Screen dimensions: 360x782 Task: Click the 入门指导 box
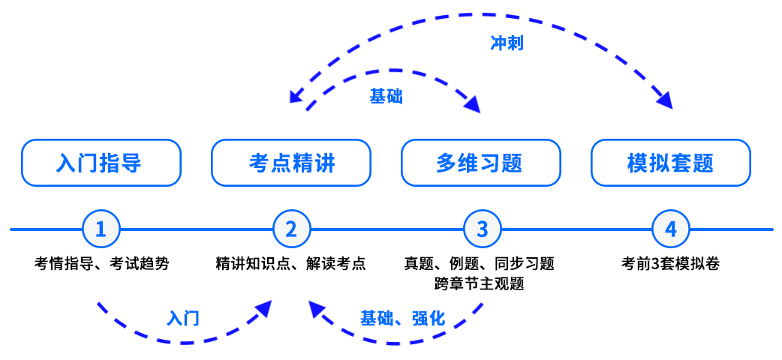[101, 163]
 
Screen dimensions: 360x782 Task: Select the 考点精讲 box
[291, 163]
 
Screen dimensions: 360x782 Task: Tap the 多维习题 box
[480, 163]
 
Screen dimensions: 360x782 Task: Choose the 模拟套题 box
[670, 163]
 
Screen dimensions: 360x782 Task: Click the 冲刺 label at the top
[507, 43]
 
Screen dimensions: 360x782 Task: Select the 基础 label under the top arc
[386, 96]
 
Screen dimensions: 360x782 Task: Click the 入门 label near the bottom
[182, 318]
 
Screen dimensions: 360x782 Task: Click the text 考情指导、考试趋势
[101, 264]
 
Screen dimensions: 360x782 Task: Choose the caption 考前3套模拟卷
[670, 264]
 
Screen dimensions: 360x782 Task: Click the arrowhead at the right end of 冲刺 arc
[664, 100]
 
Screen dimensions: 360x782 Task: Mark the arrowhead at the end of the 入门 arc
[264, 307]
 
